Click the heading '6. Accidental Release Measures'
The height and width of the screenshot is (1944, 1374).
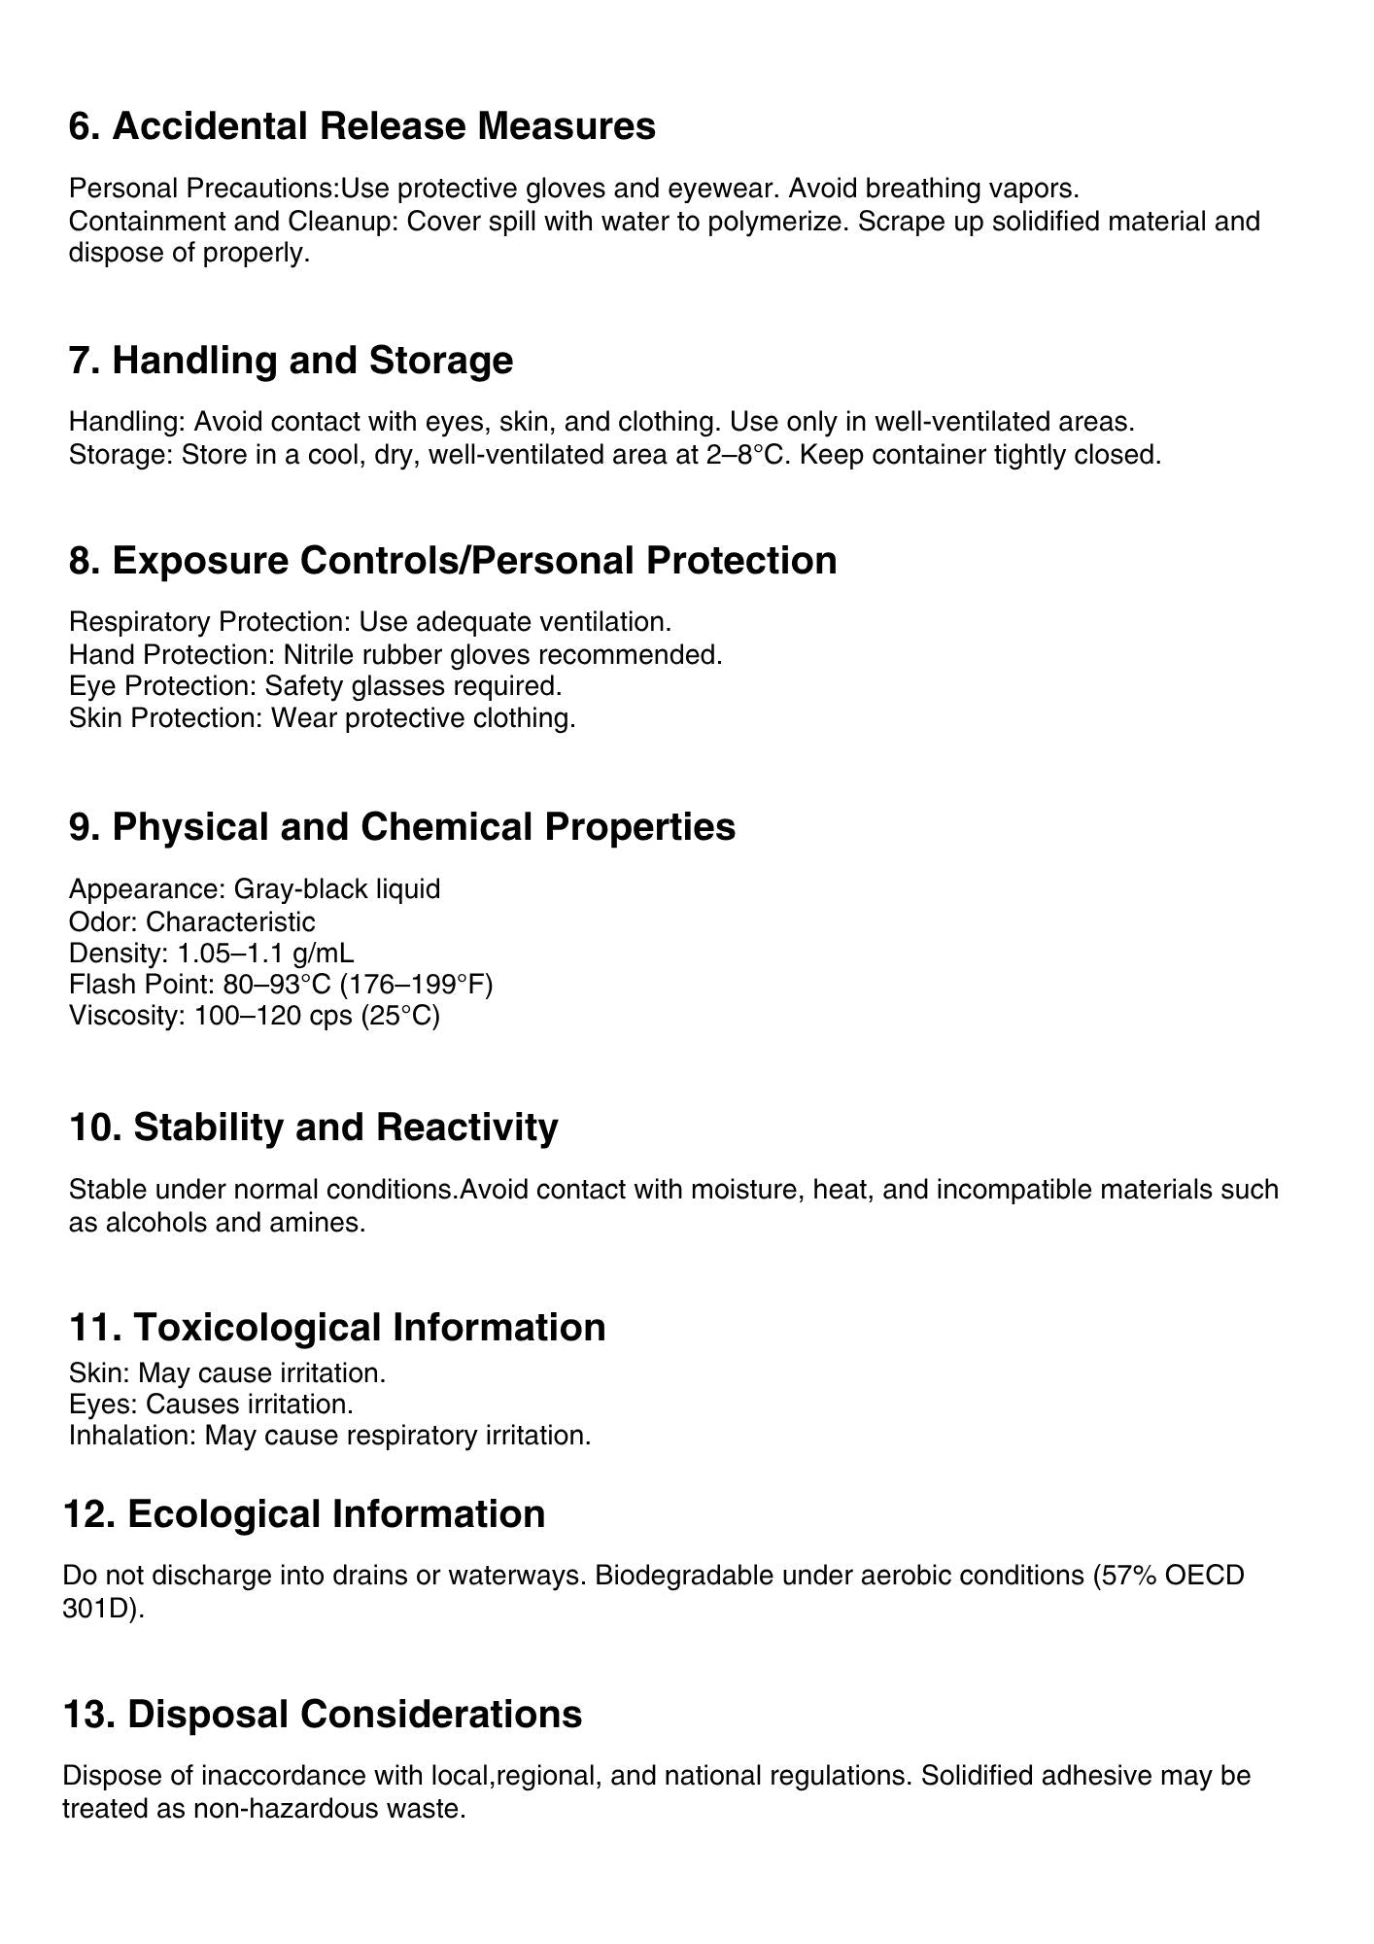point(361,126)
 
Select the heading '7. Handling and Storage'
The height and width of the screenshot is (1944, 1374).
point(291,360)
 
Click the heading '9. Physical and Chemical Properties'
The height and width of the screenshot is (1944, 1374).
point(401,826)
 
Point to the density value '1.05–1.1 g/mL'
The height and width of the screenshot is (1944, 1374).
point(265,953)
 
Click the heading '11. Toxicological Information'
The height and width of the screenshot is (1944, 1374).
point(336,1327)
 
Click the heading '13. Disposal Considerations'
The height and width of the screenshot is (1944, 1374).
point(322,1714)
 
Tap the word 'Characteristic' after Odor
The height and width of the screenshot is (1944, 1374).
point(230,921)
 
